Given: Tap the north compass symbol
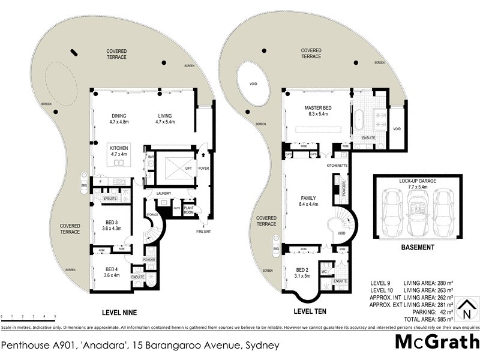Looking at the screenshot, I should tap(464, 310).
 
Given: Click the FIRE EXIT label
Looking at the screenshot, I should tap(205, 231).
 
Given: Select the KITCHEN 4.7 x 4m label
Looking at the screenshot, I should tap(120, 150).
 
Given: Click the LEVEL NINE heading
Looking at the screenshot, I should tap(120, 312).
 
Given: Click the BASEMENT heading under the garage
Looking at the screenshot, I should tap(418, 247).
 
